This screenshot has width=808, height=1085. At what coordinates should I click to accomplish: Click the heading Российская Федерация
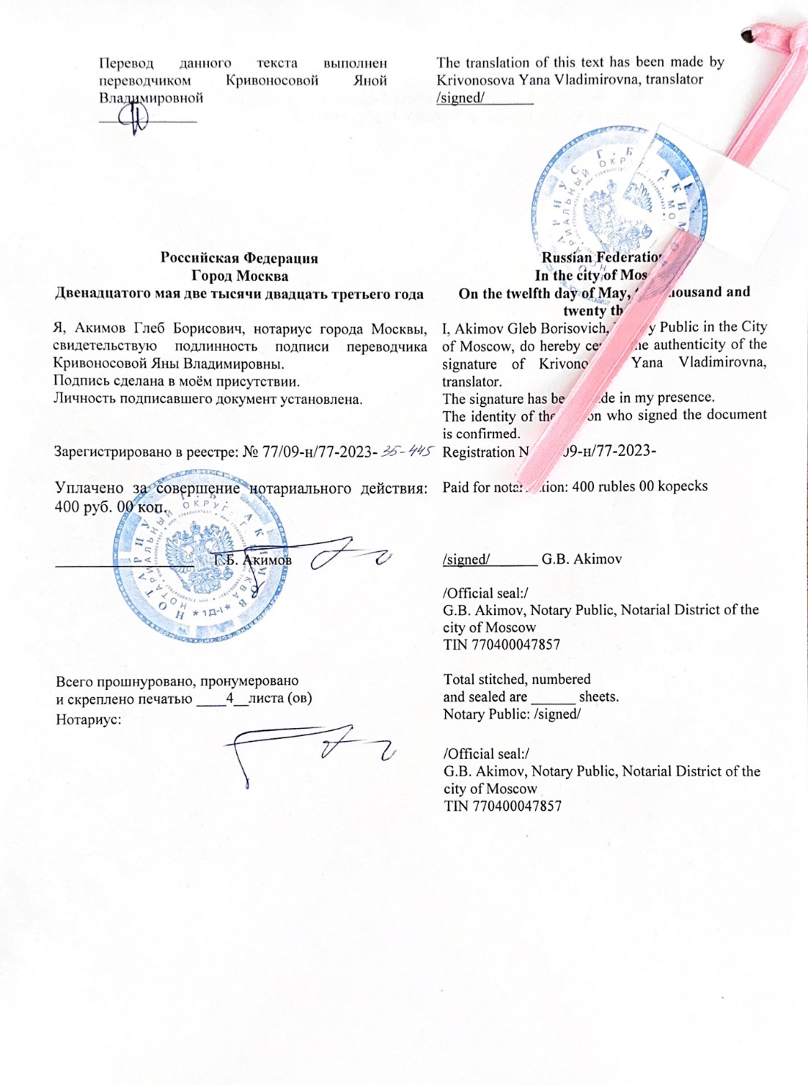coord(239,258)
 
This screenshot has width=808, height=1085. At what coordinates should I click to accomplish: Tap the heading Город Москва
coord(239,276)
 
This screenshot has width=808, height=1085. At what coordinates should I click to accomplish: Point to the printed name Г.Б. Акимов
coord(253,560)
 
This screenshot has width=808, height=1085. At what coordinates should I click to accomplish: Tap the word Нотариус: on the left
coord(89,719)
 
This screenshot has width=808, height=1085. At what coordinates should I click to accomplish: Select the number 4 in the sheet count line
coord(229,698)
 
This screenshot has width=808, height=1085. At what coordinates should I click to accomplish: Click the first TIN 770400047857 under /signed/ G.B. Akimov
coord(502,645)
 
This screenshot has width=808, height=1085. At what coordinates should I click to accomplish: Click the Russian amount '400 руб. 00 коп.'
coord(110,506)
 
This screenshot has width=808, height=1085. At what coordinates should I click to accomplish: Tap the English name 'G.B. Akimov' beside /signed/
coord(581,559)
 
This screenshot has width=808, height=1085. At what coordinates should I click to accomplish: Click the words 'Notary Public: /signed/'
coord(512,715)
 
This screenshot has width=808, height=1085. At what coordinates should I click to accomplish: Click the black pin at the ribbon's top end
coord(747,34)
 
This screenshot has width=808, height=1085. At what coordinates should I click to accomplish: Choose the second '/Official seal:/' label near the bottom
coord(486,754)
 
